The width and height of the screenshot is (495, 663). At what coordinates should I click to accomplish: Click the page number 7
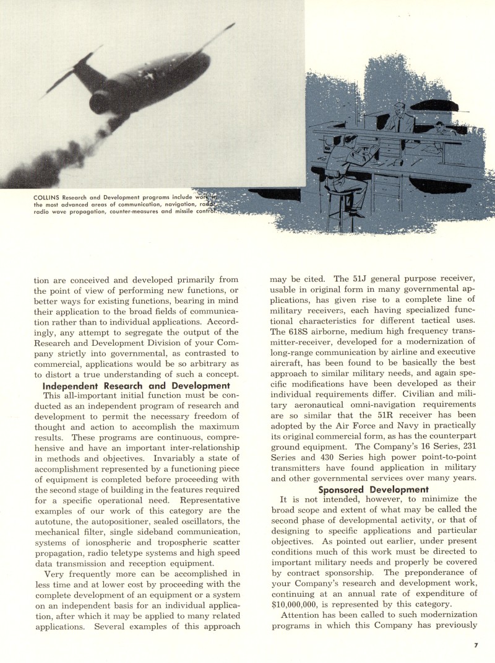pyautogui.click(x=476, y=645)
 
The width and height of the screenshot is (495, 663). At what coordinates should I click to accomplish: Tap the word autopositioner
pyautogui.click(x=115, y=511)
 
